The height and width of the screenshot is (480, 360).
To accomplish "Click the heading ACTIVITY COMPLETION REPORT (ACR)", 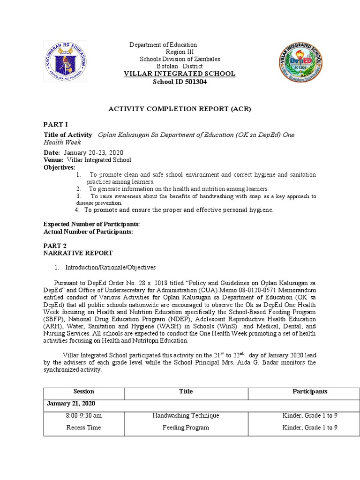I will pyautogui.click(x=180, y=109).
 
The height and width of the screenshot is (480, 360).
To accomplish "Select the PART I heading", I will pyautogui.click(x=56, y=124).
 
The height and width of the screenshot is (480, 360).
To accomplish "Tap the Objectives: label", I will pyautogui.click(x=59, y=167).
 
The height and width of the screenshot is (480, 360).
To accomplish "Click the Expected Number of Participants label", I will pyautogui.click(x=91, y=225).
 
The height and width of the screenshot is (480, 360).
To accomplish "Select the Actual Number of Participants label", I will pyautogui.click(x=88, y=232).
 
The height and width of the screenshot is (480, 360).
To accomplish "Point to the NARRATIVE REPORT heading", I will pyautogui.click(x=78, y=253).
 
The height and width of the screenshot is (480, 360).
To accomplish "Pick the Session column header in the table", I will pyautogui.click(x=84, y=391).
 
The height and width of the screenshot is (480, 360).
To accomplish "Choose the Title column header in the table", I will pyautogui.click(x=186, y=391).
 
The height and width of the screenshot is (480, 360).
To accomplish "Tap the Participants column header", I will pyautogui.click(x=310, y=391).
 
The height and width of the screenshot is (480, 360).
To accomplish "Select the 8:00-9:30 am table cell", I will pyautogui.click(x=84, y=415).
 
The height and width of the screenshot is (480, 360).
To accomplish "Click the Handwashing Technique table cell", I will pyautogui.click(x=186, y=415).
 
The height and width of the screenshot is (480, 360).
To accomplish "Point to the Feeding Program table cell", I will pyautogui.click(x=186, y=427).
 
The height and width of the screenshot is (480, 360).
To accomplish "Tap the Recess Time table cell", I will pyautogui.click(x=84, y=427).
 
